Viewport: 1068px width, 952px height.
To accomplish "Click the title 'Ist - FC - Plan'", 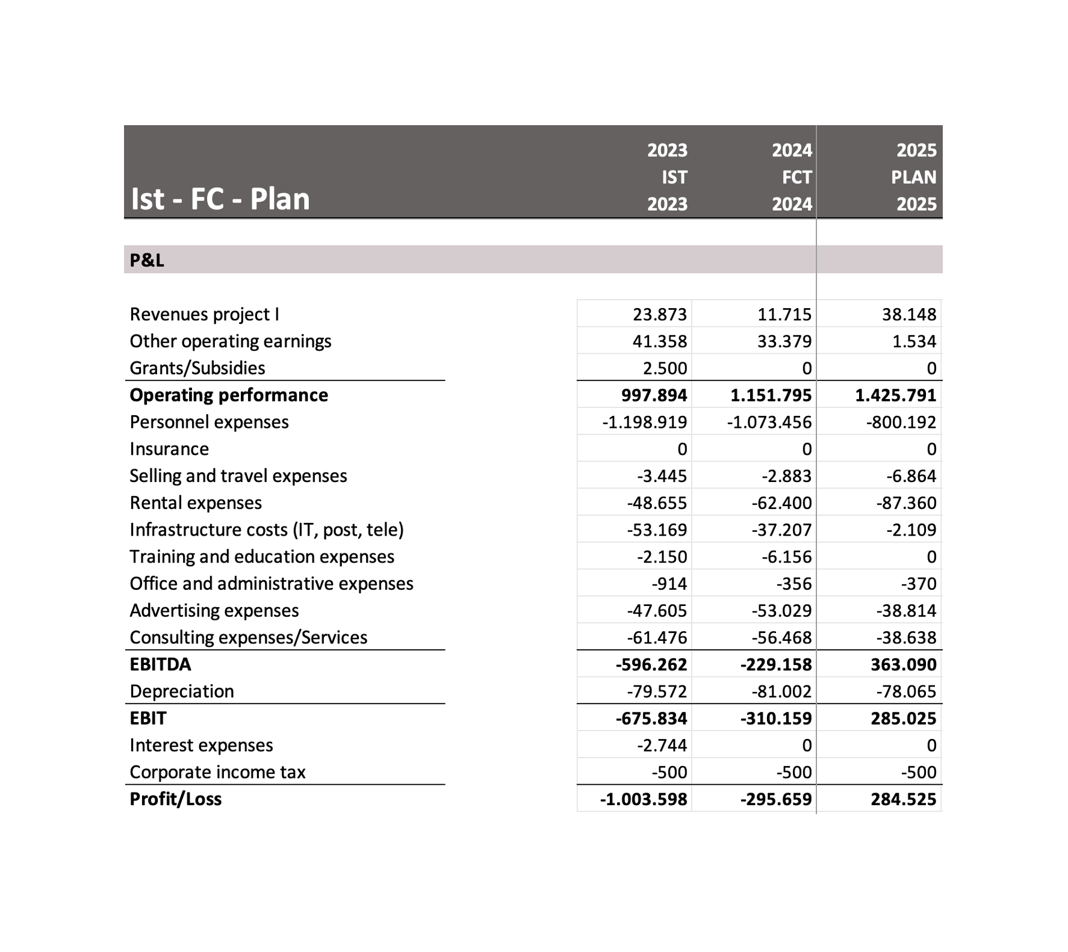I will pos(220,199).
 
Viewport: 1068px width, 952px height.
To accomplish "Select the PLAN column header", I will pos(913,177).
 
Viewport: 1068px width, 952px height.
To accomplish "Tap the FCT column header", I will pos(796,177).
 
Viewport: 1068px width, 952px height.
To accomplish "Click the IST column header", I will pos(674,177).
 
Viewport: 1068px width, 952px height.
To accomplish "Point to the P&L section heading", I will pos(147,260).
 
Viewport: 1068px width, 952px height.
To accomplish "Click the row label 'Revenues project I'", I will pos(204,314).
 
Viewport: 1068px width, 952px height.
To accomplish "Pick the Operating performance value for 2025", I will pos(895,395).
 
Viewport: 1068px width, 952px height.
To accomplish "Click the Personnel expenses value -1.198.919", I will pos(644,422).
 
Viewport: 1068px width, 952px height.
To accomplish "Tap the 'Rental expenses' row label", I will pos(196,503).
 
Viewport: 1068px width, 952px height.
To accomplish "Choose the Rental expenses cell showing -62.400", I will pos(781,503).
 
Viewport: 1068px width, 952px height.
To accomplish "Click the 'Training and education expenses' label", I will pos(262,557).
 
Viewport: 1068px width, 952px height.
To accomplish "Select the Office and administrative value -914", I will pos(669,584).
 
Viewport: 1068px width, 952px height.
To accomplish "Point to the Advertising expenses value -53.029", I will pos(781,611).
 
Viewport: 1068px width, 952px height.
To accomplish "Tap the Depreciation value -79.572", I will pos(656,691).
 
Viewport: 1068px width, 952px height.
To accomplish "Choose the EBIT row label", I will pos(148,718).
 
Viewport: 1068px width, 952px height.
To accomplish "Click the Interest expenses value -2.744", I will pos(662,746).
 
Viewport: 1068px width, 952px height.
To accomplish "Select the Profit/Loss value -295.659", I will pos(775,799).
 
